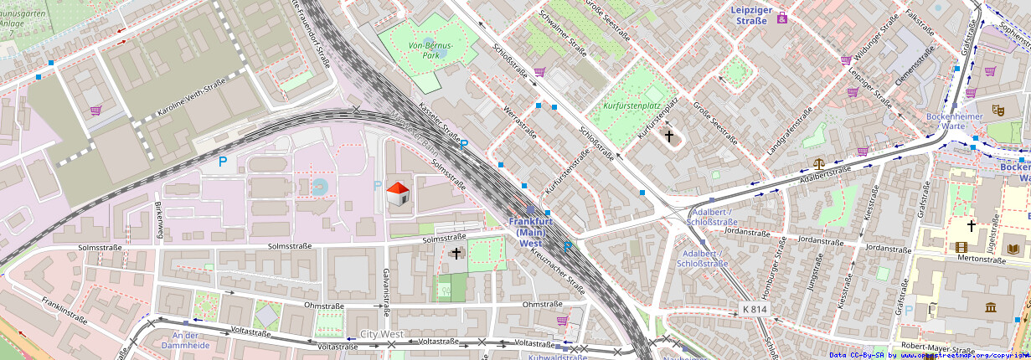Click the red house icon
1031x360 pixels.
398,194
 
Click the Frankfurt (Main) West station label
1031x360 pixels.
530,232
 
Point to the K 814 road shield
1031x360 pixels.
755,309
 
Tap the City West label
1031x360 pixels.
381,334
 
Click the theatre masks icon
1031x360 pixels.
997,109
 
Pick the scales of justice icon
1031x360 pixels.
818,164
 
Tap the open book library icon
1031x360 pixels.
991,247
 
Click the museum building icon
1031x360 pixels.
991,307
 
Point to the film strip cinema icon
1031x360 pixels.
961,247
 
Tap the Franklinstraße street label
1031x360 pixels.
64,311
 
